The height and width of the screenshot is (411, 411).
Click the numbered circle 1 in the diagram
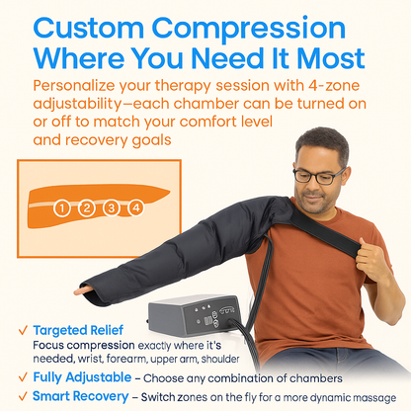[x=63, y=208]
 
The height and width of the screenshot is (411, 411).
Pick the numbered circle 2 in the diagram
[x=87, y=208]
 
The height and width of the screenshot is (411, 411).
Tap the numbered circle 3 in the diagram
[x=111, y=208]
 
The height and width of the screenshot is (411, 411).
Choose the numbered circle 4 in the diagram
[x=135, y=208]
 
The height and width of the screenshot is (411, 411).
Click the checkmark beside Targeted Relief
[x=20, y=331]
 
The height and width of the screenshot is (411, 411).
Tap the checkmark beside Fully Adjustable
[x=20, y=376]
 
